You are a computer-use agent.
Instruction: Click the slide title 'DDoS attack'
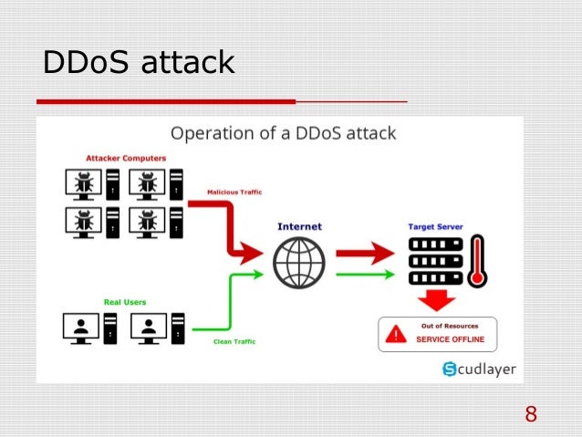pyautogui.click(x=140, y=63)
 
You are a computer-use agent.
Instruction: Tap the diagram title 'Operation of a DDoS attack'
pyautogui.click(x=284, y=133)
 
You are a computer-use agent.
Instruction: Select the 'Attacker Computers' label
pyautogui.click(x=126, y=158)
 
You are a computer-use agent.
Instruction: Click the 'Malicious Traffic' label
pyautogui.click(x=234, y=192)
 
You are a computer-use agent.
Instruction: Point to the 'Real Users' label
pyautogui.click(x=124, y=301)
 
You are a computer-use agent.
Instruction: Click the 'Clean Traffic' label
pyautogui.click(x=234, y=341)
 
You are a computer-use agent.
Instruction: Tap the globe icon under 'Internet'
pyautogui.click(x=298, y=263)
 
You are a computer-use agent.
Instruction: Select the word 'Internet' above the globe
pyautogui.click(x=299, y=225)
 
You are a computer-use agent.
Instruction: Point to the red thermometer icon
pyautogui.click(x=475, y=261)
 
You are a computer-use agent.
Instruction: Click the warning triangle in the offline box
pyautogui.click(x=396, y=335)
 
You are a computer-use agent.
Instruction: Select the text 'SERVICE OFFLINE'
pyautogui.click(x=451, y=340)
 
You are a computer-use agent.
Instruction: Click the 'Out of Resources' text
pyautogui.click(x=451, y=326)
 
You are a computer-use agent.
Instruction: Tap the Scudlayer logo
pyautogui.click(x=477, y=369)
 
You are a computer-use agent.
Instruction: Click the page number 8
pyautogui.click(x=531, y=415)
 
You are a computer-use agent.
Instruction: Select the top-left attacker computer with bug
pyautogui.click(x=82, y=185)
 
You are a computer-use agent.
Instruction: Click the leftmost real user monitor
pyautogui.click(x=81, y=328)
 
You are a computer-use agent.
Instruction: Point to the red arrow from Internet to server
pyautogui.click(x=368, y=251)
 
